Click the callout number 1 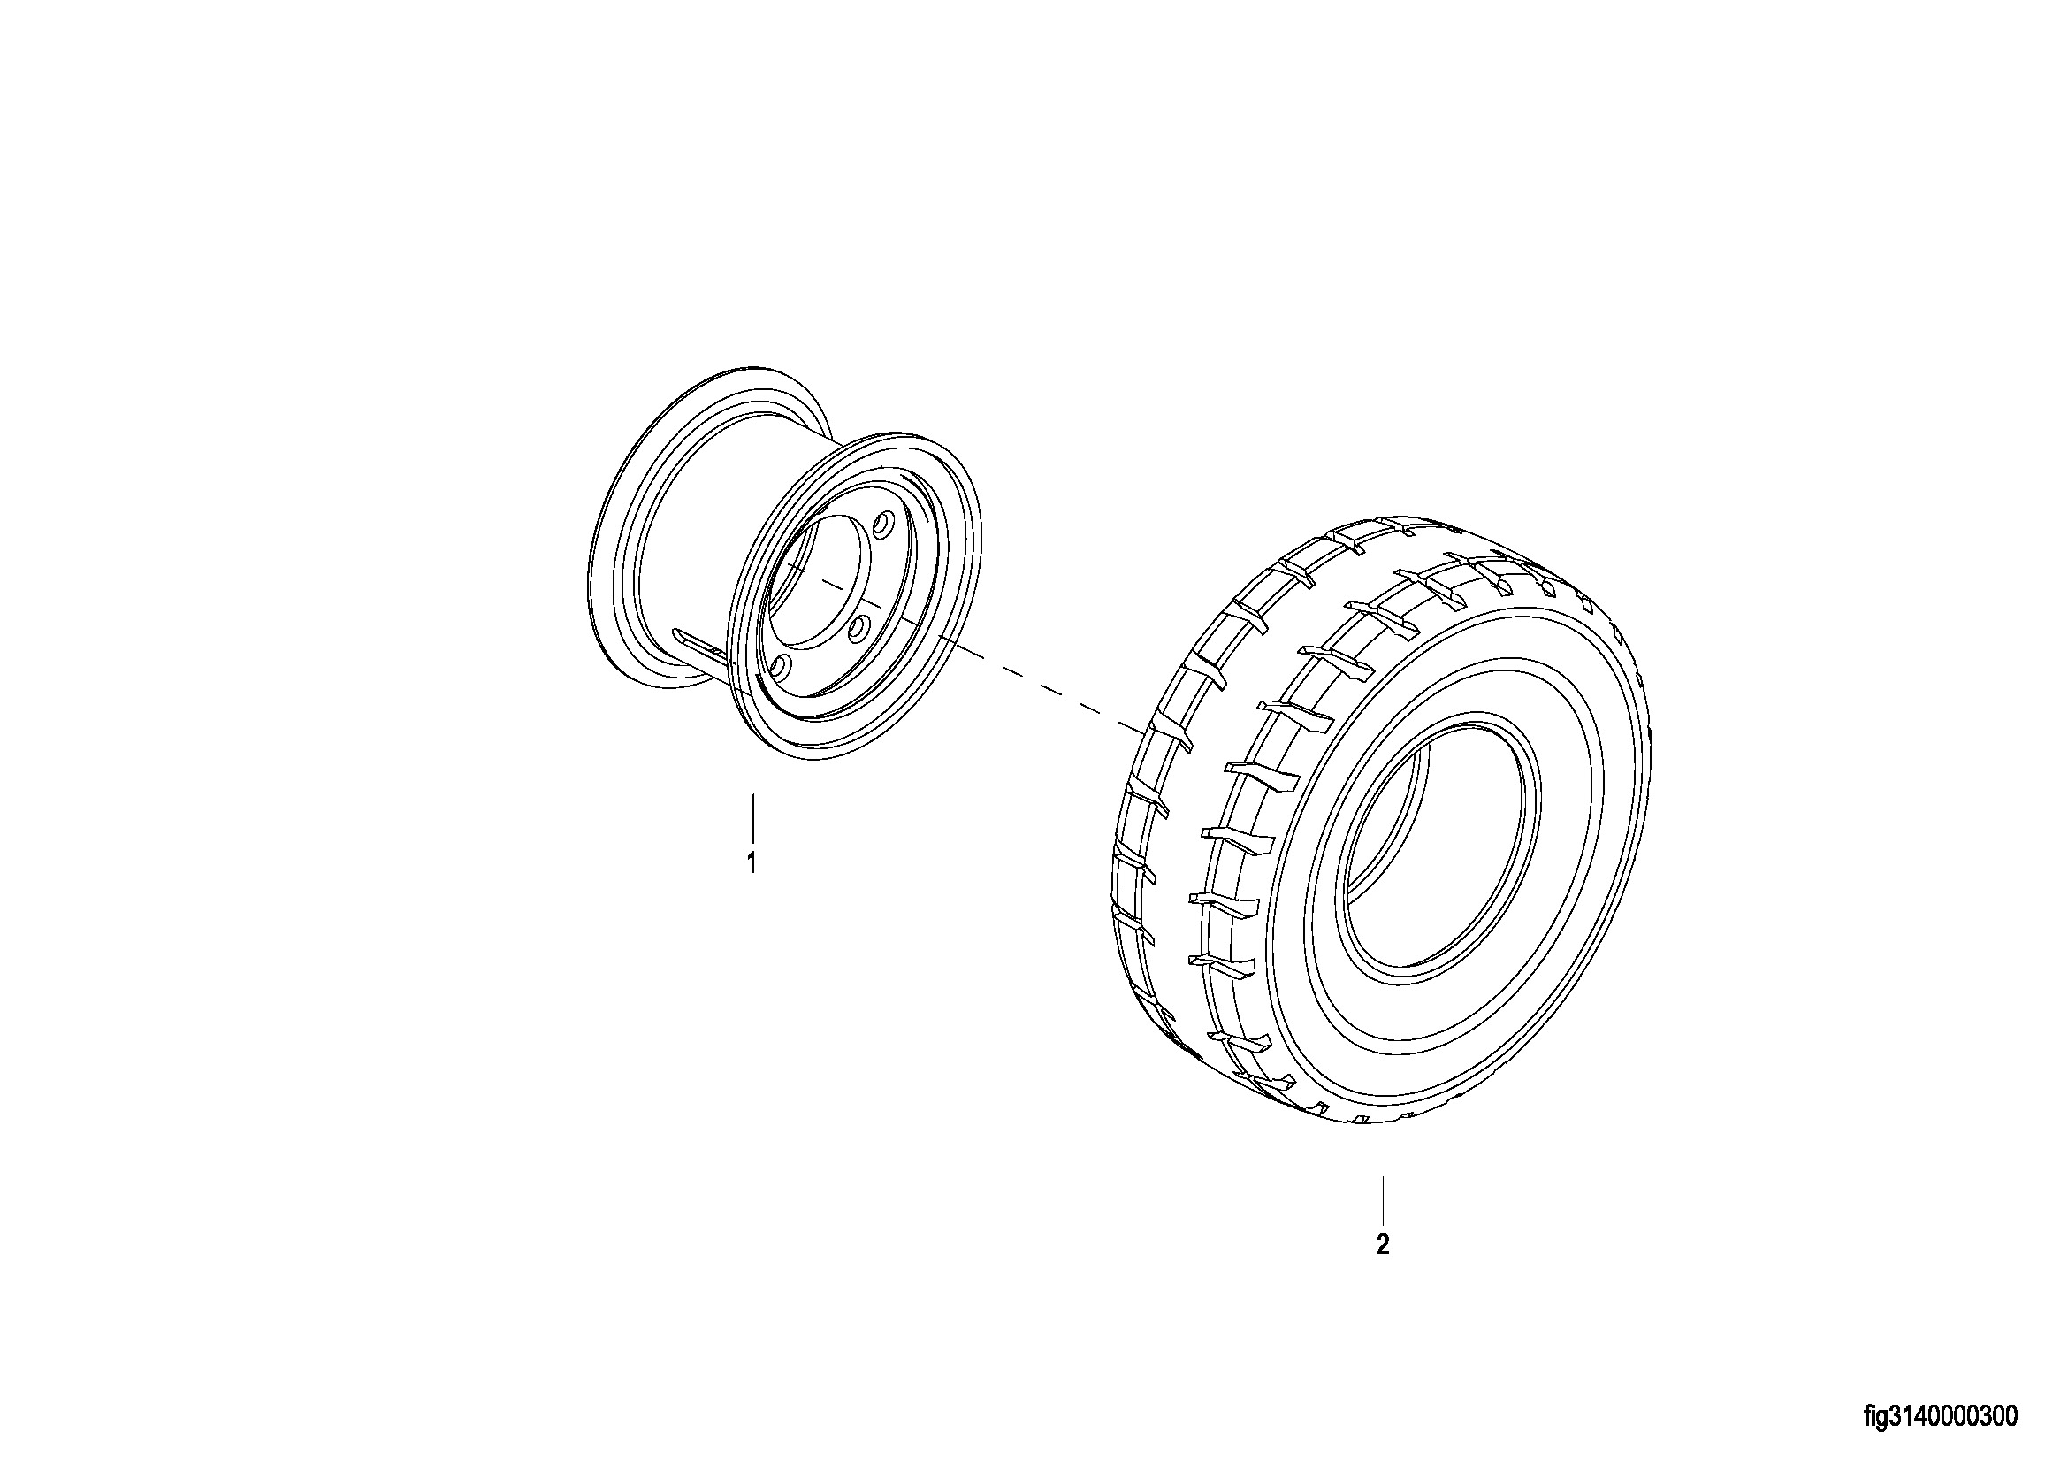(x=752, y=863)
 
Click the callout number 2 (x=1383, y=1245)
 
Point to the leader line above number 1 (x=752, y=818)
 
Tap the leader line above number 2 (x=1383, y=1199)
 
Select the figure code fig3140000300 (x=1940, y=1417)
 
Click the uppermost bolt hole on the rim (x=883, y=523)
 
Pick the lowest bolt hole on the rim (x=780, y=668)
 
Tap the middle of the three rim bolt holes (x=858, y=624)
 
